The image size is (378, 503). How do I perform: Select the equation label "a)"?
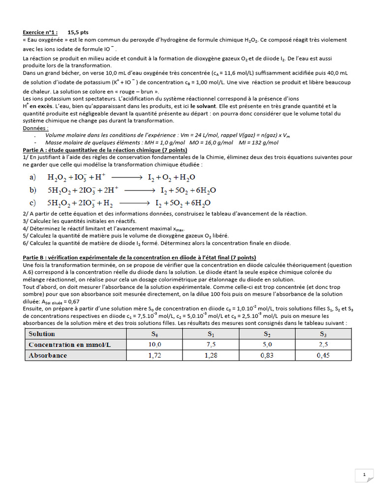pyautogui.click(x=33, y=177)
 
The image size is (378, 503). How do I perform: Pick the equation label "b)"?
pyautogui.click(x=33, y=190)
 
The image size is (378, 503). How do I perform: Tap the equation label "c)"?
pyautogui.click(x=33, y=202)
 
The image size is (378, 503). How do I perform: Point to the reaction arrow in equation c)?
pyautogui.click(x=134, y=202)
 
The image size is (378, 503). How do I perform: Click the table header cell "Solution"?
pyautogui.click(x=41, y=334)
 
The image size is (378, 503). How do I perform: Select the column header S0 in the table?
pyautogui.click(x=155, y=334)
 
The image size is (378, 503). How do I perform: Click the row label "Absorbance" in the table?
pyautogui.click(x=48, y=355)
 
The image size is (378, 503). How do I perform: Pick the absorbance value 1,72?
pyautogui.click(x=155, y=355)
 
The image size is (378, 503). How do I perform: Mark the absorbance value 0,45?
pyautogui.click(x=323, y=355)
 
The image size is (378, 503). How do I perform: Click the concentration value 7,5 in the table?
pyautogui.click(x=211, y=344)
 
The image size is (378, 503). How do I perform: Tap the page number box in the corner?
pyautogui.click(x=364, y=475)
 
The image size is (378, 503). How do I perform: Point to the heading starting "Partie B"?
pyautogui.click(x=139, y=257)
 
